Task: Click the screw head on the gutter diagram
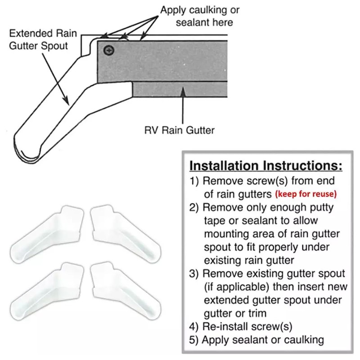[108, 51]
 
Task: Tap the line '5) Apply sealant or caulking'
[256, 339]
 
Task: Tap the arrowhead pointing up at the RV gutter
[183, 92]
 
